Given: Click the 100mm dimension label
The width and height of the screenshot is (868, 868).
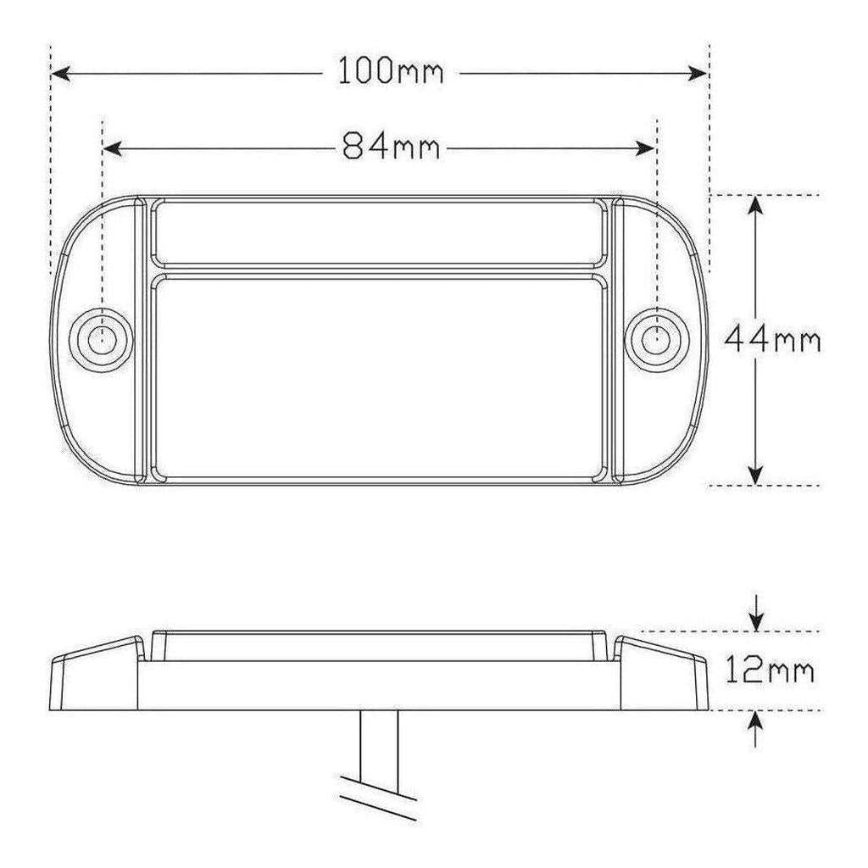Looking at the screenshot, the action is click(x=390, y=71).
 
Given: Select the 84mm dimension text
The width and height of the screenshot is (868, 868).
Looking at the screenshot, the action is click(x=391, y=147).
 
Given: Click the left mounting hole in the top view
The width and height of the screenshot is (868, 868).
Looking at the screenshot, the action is click(x=102, y=340).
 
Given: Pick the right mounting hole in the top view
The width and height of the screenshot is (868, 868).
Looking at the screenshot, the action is click(x=657, y=340).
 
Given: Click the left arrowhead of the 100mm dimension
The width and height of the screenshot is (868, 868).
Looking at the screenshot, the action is click(x=60, y=73).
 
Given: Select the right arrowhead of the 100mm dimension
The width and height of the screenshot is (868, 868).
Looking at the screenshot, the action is click(x=698, y=73).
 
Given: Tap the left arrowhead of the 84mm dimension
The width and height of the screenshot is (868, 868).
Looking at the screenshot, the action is click(x=113, y=148).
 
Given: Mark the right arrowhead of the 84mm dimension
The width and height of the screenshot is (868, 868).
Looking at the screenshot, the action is click(x=645, y=148).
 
